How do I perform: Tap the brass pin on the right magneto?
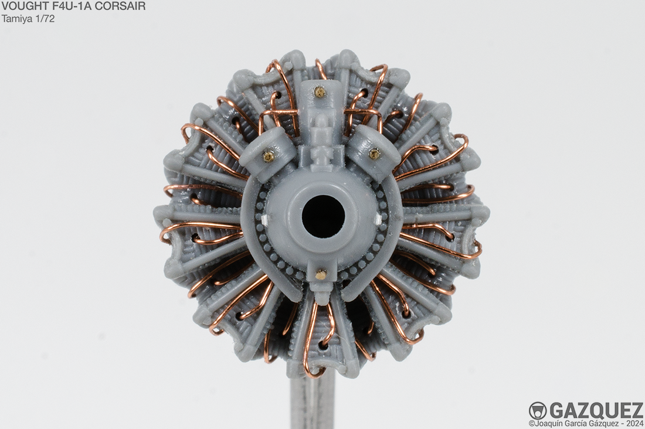[x=374, y=154]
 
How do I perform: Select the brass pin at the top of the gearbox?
[x=318, y=90]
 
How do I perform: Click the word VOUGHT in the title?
[x=20, y=6]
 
